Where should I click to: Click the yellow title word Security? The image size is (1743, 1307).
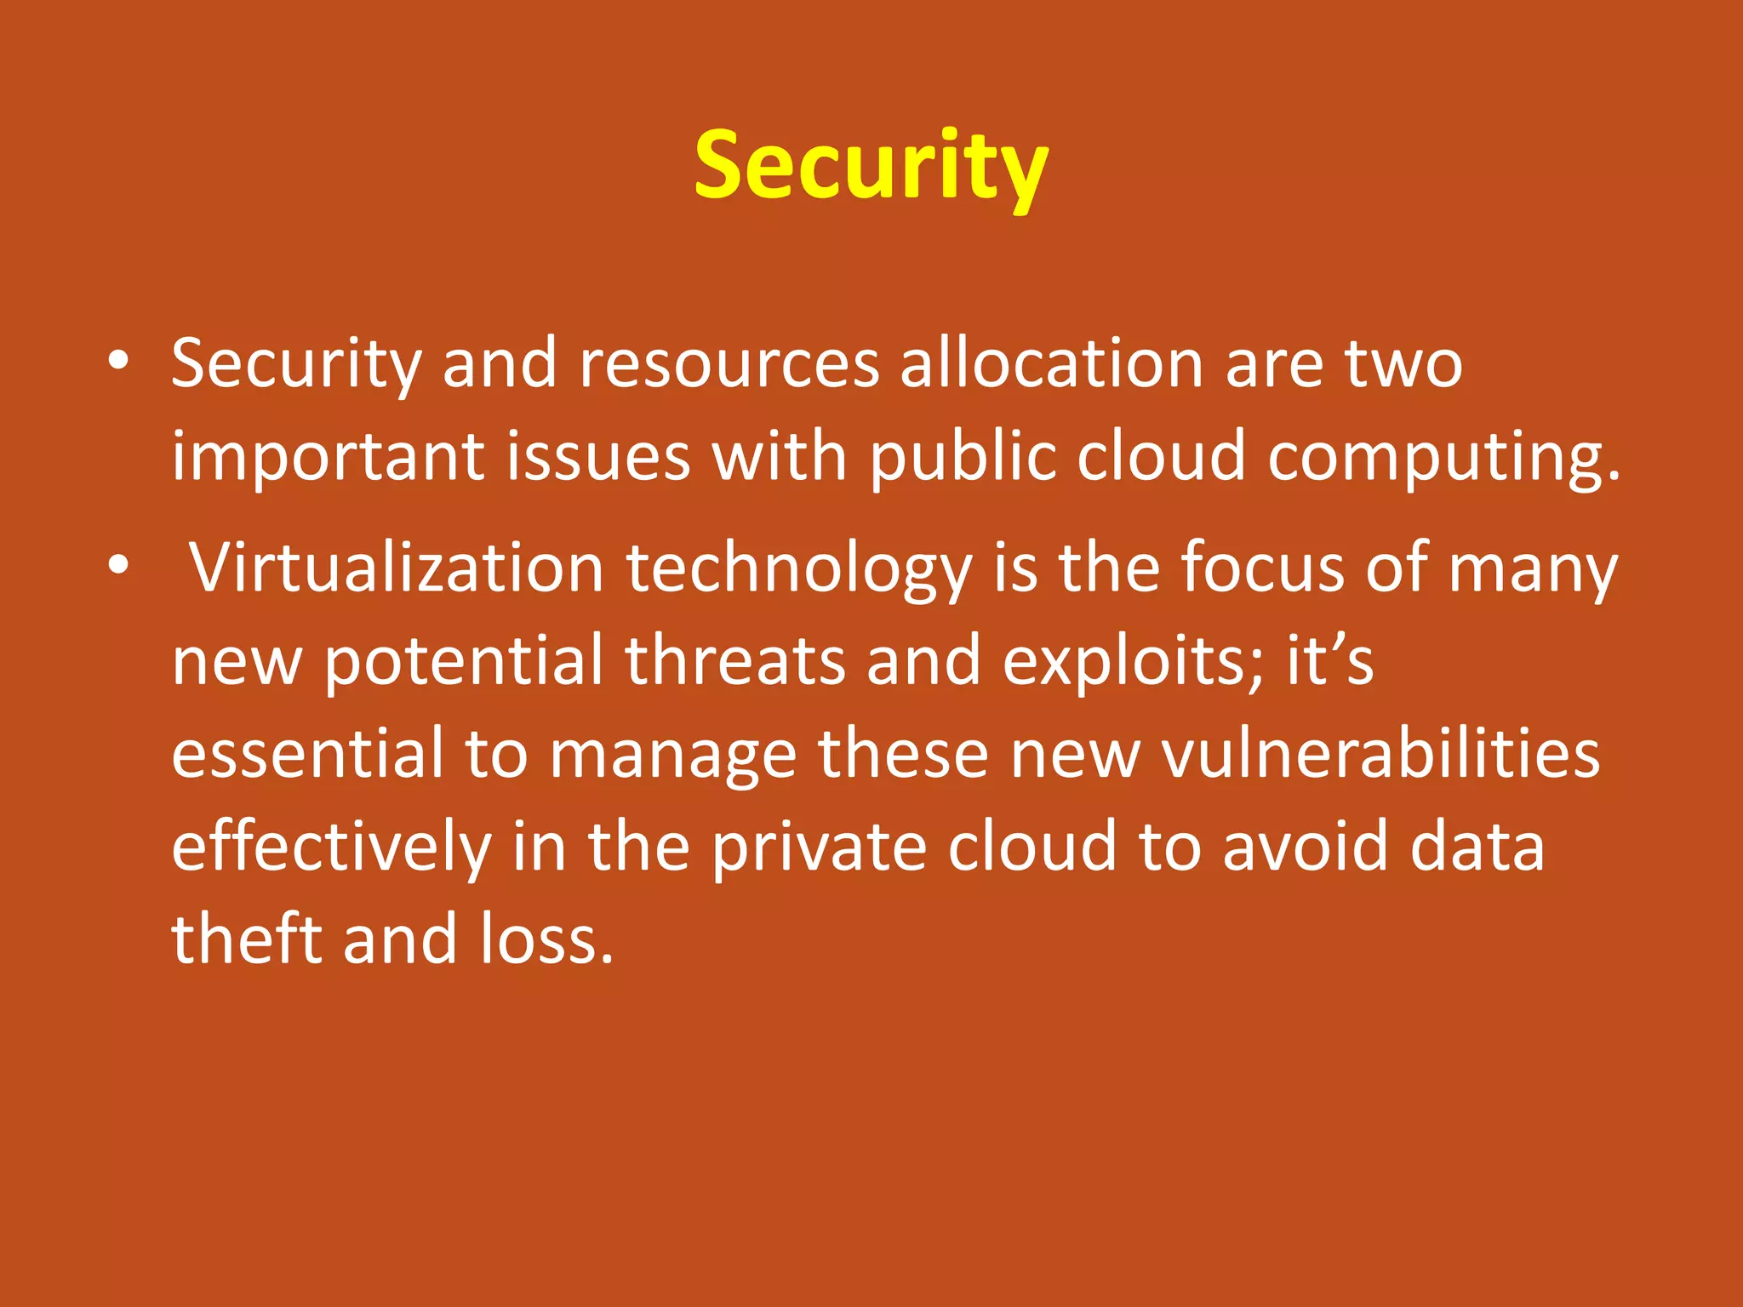871,166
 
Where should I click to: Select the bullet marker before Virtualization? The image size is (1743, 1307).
118,564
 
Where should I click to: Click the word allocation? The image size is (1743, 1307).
1052,363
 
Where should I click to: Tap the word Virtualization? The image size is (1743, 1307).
397,568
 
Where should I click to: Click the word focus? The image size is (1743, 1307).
1263,568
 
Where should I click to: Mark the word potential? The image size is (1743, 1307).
464,662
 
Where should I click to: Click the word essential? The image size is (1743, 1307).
308,754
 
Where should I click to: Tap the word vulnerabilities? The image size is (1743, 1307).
1381,754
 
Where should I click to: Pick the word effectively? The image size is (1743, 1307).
332,848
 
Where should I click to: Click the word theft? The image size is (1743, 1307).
247,939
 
